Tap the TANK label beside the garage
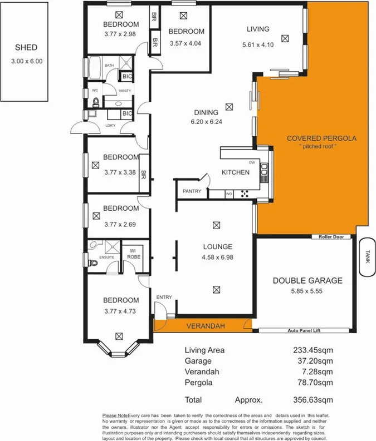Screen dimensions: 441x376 pyautogui.click(x=367, y=256)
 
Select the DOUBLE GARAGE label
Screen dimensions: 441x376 pyautogui.click(x=307, y=280)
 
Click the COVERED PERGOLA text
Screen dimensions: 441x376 pyautogui.click(x=321, y=138)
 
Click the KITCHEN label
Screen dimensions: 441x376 pyautogui.click(x=236, y=172)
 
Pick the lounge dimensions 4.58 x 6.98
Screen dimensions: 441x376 pyautogui.click(x=215, y=258)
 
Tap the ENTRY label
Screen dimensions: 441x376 pyautogui.click(x=164, y=298)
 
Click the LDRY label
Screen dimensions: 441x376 pyautogui.click(x=110, y=125)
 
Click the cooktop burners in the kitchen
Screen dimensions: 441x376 pyautogui.click(x=243, y=194)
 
